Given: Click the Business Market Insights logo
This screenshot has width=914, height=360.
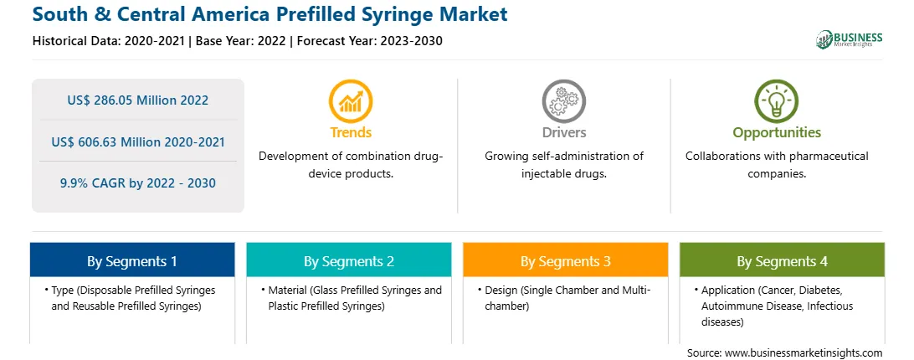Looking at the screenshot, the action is (x=850, y=39).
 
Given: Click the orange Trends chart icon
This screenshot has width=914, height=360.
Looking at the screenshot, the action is (x=351, y=101).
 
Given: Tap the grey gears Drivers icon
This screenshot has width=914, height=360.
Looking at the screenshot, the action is (x=563, y=101).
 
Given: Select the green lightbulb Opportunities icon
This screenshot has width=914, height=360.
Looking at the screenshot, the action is (x=777, y=101).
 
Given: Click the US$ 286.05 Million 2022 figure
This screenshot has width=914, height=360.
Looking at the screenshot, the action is (x=137, y=100).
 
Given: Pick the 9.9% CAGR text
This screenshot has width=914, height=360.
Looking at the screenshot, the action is (x=93, y=183).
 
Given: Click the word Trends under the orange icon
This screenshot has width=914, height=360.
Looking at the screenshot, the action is (x=351, y=132).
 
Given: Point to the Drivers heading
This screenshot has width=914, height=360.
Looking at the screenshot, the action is (x=563, y=132).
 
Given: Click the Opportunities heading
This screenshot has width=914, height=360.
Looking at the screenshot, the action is (x=777, y=132).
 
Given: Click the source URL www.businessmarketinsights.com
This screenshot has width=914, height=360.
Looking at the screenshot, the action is (x=804, y=352).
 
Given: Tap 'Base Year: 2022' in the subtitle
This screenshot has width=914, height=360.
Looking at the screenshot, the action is (x=241, y=41).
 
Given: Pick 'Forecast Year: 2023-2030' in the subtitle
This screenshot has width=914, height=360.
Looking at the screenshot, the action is (x=370, y=41).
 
